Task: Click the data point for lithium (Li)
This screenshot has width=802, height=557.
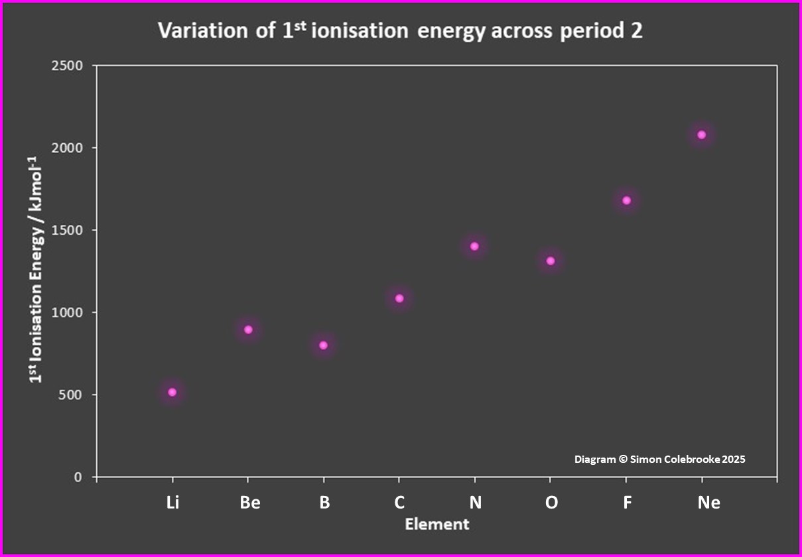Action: pyautogui.click(x=172, y=393)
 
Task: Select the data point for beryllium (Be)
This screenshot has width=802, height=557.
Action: pyautogui.click(x=248, y=330)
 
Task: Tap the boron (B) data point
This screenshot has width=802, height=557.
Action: pyautogui.click(x=324, y=345)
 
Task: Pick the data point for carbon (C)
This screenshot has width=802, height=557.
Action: pyautogui.click(x=399, y=298)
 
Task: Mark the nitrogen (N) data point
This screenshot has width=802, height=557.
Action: pyautogui.click(x=474, y=246)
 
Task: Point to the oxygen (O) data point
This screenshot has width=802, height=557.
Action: pyautogui.click(x=551, y=261)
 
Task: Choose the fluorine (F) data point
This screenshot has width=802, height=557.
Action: pyautogui.click(x=626, y=200)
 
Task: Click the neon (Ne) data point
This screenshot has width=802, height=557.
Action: pyautogui.click(x=702, y=135)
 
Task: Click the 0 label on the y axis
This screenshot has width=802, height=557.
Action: pyautogui.click(x=77, y=477)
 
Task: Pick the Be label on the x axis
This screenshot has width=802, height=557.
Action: pyautogui.click(x=250, y=503)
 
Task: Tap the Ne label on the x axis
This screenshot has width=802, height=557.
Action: pyautogui.click(x=708, y=503)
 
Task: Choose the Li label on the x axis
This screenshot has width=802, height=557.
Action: pyautogui.click(x=172, y=503)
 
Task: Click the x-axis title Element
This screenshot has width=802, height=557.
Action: pyautogui.click(x=437, y=524)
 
